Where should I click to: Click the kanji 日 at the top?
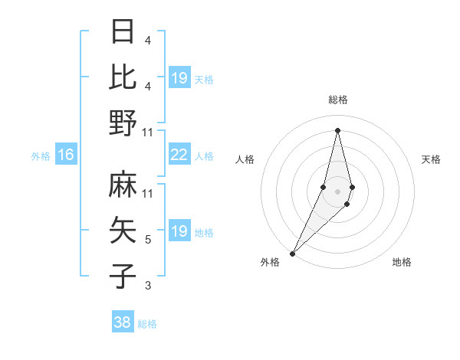pyautogui.click(x=123, y=32)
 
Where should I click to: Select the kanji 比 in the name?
pyautogui.click(x=123, y=77)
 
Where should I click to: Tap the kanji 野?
pyautogui.click(x=123, y=123)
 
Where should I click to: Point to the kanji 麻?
pyautogui.click(x=123, y=185)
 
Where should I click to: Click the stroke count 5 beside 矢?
pyautogui.click(x=148, y=240)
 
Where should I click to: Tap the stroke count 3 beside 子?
pyautogui.click(x=148, y=286)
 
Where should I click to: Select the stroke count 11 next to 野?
pyautogui.click(x=148, y=132)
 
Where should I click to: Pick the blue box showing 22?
pyautogui.click(x=179, y=155)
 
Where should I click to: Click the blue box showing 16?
pyautogui.click(x=65, y=155)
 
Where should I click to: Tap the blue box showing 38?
pyautogui.click(x=123, y=322)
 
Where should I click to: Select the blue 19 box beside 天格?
pyautogui.click(x=179, y=78)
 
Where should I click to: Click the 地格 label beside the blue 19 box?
pyautogui.click(x=204, y=233)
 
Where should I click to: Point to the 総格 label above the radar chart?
pyautogui.click(x=337, y=100)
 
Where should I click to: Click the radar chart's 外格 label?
pyautogui.click(x=270, y=262)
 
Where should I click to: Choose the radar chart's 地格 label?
pyautogui.click(x=402, y=262)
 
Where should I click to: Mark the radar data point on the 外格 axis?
pyautogui.click(x=293, y=253)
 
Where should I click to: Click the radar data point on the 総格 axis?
pyautogui.click(x=337, y=130)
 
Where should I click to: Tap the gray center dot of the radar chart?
pyautogui.click(x=337, y=191)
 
